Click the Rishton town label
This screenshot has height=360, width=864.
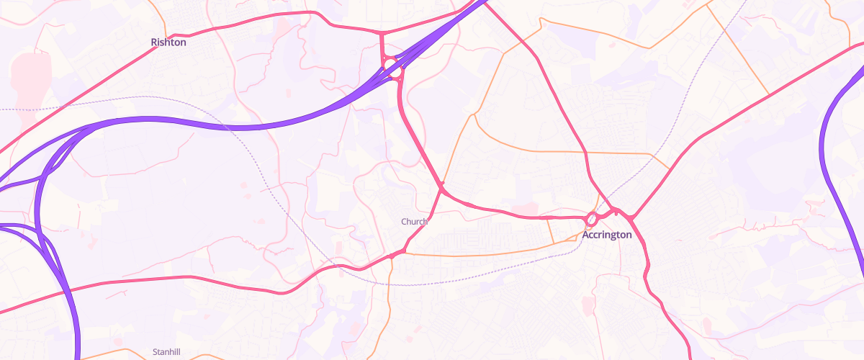(x=168, y=42)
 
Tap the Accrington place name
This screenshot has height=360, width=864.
(x=607, y=235)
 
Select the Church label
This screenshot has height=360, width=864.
(x=414, y=222)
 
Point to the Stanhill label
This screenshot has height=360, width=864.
(x=167, y=352)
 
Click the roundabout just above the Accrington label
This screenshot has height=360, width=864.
(x=592, y=217)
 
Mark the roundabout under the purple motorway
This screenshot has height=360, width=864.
(x=393, y=68)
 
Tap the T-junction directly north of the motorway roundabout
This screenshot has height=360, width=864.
(x=382, y=33)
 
